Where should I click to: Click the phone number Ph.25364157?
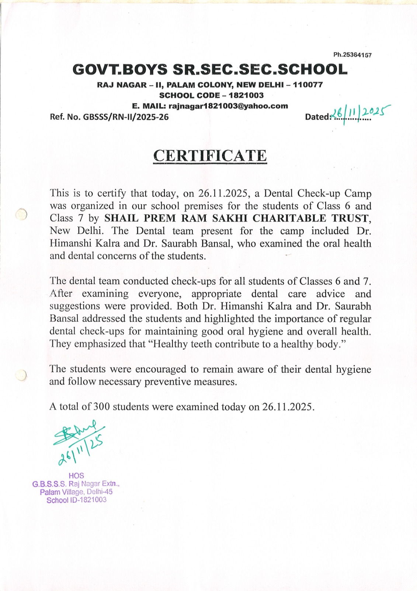[x=352, y=55]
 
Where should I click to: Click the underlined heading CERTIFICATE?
[x=210, y=156]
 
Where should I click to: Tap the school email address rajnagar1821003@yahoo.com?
[x=228, y=106]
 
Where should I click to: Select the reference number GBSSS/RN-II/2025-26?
[x=126, y=117]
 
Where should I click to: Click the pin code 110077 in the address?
[x=308, y=85]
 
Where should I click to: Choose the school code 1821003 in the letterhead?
[x=246, y=95]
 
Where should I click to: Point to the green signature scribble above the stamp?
[x=76, y=432]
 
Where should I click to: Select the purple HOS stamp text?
[x=76, y=476]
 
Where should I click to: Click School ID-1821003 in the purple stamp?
[x=76, y=500]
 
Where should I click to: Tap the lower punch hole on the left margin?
[x=21, y=375]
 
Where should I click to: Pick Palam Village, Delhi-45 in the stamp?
[x=76, y=492]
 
